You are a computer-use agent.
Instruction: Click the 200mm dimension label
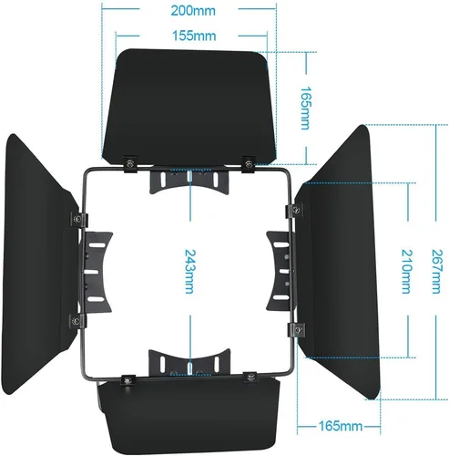pyautogui.click(x=193, y=11)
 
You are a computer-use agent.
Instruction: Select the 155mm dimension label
pyautogui.click(x=194, y=36)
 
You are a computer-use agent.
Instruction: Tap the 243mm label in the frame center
pyautogui.click(x=190, y=272)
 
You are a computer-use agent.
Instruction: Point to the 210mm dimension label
pyautogui.click(x=407, y=272)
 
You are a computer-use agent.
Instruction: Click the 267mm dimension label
pyautogui.click(x=437, y=272)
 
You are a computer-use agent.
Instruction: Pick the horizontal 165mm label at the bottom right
pyautogui.click(x=341, y=426)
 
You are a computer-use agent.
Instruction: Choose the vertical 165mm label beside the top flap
pyautogui.click(x=305, y=109)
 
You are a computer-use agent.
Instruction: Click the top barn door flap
pyautogui.click(x=189, y=107)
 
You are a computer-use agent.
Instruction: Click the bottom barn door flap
pyautogui.click(x=189, y=417)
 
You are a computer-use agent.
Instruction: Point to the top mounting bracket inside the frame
pyautogui.click(x=189, y=181)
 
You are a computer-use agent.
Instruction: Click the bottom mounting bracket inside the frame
pyautogui.click(x=189, y=362)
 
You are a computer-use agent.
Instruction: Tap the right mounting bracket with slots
pyautogui.click(x=280, y=271)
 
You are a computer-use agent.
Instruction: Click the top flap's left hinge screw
pyautogui.click(x=130, y=164)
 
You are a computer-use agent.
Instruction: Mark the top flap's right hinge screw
pyautogui.click(x=249, y=164)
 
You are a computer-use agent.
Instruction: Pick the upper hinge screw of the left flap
pyautogui.click(x=77, y=219)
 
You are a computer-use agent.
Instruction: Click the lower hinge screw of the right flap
pyautogui.click(x=298, y=329)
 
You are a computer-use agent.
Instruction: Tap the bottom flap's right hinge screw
pyautogui.click(x=250, y=378)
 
